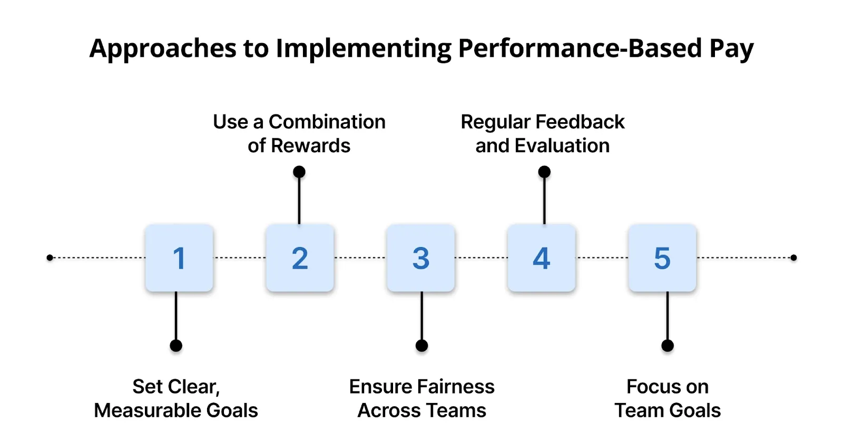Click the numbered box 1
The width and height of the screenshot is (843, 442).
(x=179, y=258)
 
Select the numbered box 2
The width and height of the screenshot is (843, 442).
(x=300, y=258)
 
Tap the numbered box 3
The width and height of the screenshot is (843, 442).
(x=420, y=258)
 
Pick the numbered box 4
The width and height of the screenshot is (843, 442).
(x=542, y=258)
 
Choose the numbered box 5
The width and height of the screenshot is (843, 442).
(x=662, y=258)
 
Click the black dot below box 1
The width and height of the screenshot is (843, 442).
(x=176, y=346)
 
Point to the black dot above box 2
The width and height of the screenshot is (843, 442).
(x=299, y=172)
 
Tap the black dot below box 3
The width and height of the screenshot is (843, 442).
(x=421, y=346)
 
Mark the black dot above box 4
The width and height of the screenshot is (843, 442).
(x=544, y=172)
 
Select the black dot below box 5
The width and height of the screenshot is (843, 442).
(x=668, y=346)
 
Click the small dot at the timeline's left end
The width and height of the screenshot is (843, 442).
(x=50, y=258)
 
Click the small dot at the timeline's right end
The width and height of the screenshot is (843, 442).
(x=793, y=258)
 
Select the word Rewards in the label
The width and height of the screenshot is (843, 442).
(x=310, y=146)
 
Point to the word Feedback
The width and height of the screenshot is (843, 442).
(x=580, y=122)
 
